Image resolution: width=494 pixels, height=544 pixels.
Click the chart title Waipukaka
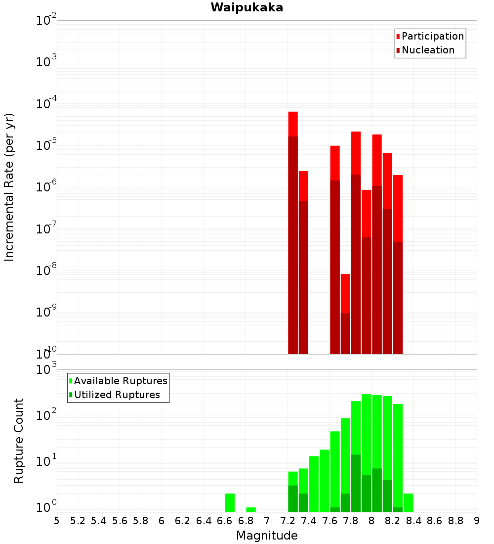(247, 7)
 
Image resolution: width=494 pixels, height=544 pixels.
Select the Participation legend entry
(432, 36)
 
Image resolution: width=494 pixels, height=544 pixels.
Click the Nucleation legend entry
(427, 50)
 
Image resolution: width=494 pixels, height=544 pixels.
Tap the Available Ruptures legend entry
(121, 381)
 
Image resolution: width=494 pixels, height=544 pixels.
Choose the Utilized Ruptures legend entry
(117, 395)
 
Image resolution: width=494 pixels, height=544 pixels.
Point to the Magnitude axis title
(267, 536)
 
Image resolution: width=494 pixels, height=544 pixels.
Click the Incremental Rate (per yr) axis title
(9, 187)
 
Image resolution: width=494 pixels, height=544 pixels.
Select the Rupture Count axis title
(19, 441)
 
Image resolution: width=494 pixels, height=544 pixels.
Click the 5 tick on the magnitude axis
(57, 521)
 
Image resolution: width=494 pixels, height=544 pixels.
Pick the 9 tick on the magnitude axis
(477, 521)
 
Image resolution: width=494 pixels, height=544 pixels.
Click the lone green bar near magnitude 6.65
(230, 502)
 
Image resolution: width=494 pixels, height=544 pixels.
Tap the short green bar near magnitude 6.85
(251, 509)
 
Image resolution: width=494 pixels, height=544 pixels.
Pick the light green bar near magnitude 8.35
(409, 502)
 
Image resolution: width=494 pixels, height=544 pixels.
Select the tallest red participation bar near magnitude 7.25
(293, 124)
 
